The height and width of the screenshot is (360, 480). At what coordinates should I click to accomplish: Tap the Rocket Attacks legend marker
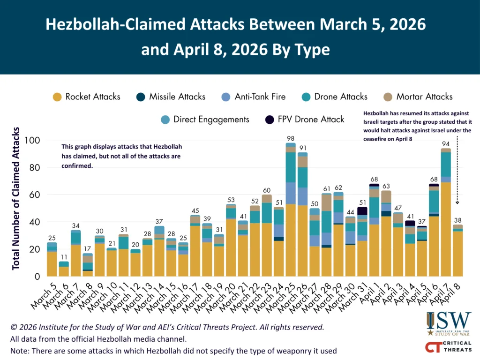[57, 97]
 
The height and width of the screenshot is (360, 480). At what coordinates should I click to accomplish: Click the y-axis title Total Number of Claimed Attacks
[16, 197]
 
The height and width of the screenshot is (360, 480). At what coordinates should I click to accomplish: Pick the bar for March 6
[63, 269]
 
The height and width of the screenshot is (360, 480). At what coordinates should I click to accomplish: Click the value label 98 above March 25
[291, 138]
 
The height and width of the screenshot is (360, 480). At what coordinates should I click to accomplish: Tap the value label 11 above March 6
[63, 257]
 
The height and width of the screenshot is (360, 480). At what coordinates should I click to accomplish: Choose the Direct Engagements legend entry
[205, 120]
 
